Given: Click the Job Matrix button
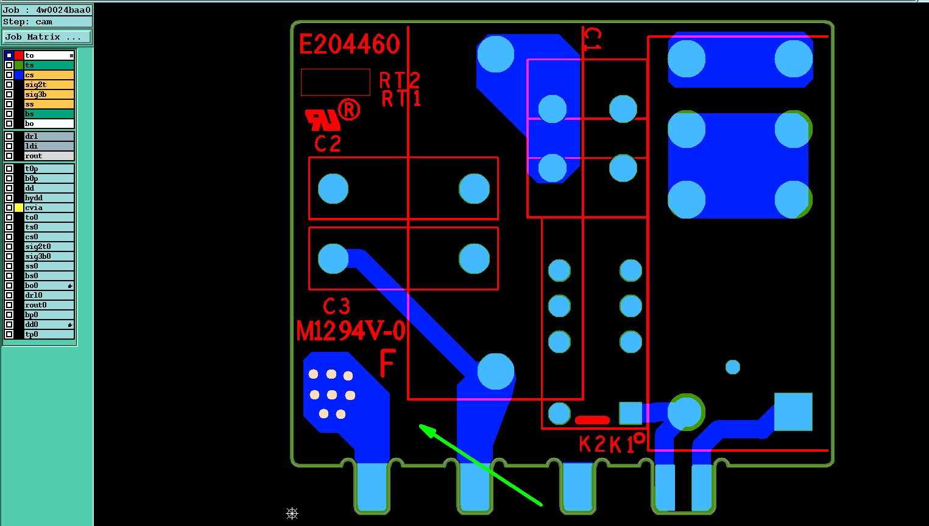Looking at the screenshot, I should pos(46,37).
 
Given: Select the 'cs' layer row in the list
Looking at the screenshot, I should pos(49,75).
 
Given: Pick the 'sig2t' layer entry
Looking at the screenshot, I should pos(49,85).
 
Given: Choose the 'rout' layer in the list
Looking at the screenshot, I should pos(49,156).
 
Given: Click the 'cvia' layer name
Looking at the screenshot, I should pos(49,208).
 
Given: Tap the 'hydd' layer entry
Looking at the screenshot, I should pos(49,198).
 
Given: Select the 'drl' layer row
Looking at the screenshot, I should pos(49,136).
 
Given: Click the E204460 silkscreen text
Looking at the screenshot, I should pos(350,44).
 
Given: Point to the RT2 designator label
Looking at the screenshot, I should pos(400,80).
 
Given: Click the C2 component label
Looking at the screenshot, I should pos(328,144).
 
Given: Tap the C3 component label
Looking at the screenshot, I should pos(336,306).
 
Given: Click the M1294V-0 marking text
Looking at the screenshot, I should pos(351,332).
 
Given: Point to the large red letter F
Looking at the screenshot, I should pos(387,363).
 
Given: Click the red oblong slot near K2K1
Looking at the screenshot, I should pos(592,420).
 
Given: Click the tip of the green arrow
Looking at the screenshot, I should pos(421,426).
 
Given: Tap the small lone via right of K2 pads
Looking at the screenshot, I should pos(733,367).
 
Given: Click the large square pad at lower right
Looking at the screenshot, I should pos(793,412).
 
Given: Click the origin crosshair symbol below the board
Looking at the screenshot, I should pos(292,514).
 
